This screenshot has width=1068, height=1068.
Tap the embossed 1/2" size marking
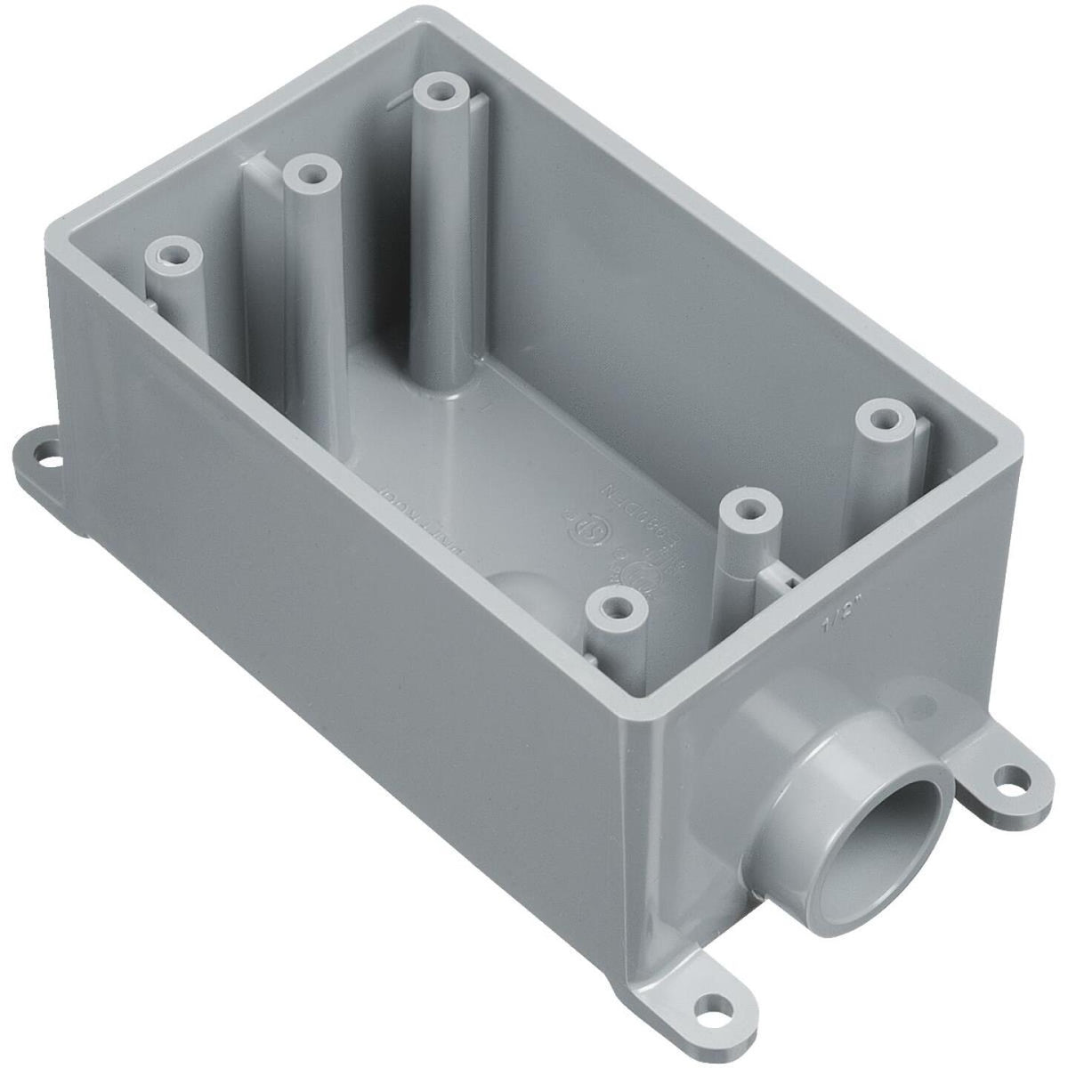[x=832, y=630]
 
